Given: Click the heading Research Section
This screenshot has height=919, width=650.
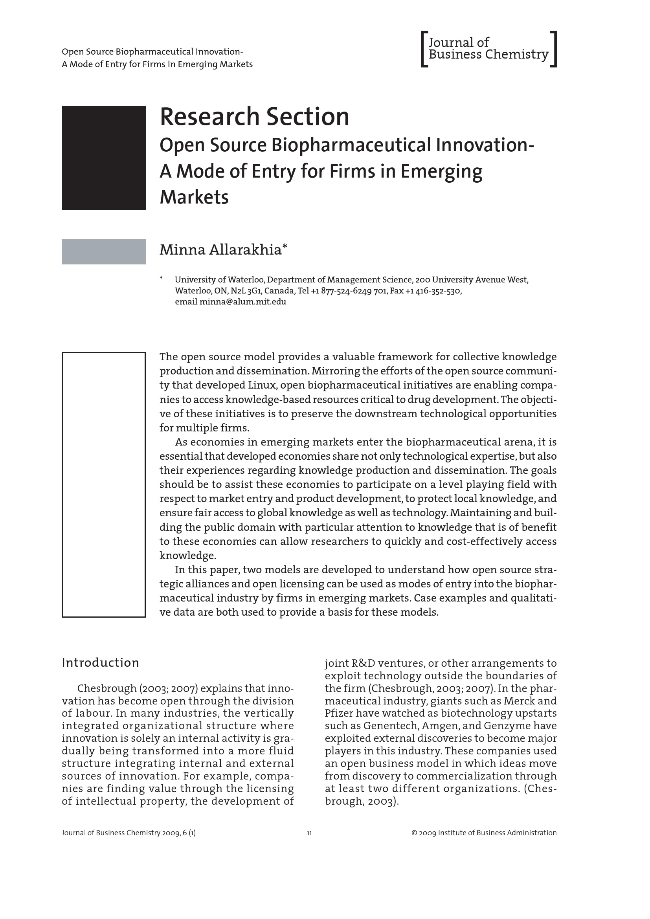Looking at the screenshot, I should click(x=255, y=117).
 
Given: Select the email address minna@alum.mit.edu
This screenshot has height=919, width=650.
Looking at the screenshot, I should click(x=242, y=302).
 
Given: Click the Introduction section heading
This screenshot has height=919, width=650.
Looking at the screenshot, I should click(x=100, y=662).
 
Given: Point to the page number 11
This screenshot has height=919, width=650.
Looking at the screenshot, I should click(x=309, y=833).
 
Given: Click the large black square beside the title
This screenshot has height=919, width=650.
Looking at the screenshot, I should click(x=103, y=158).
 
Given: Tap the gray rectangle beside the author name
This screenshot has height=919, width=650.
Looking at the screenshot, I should click(x=103, y=252).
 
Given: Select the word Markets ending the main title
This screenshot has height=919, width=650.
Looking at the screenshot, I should click(x=194, y=197).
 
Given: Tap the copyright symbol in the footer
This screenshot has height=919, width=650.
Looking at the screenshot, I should click(x=414, y=833).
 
